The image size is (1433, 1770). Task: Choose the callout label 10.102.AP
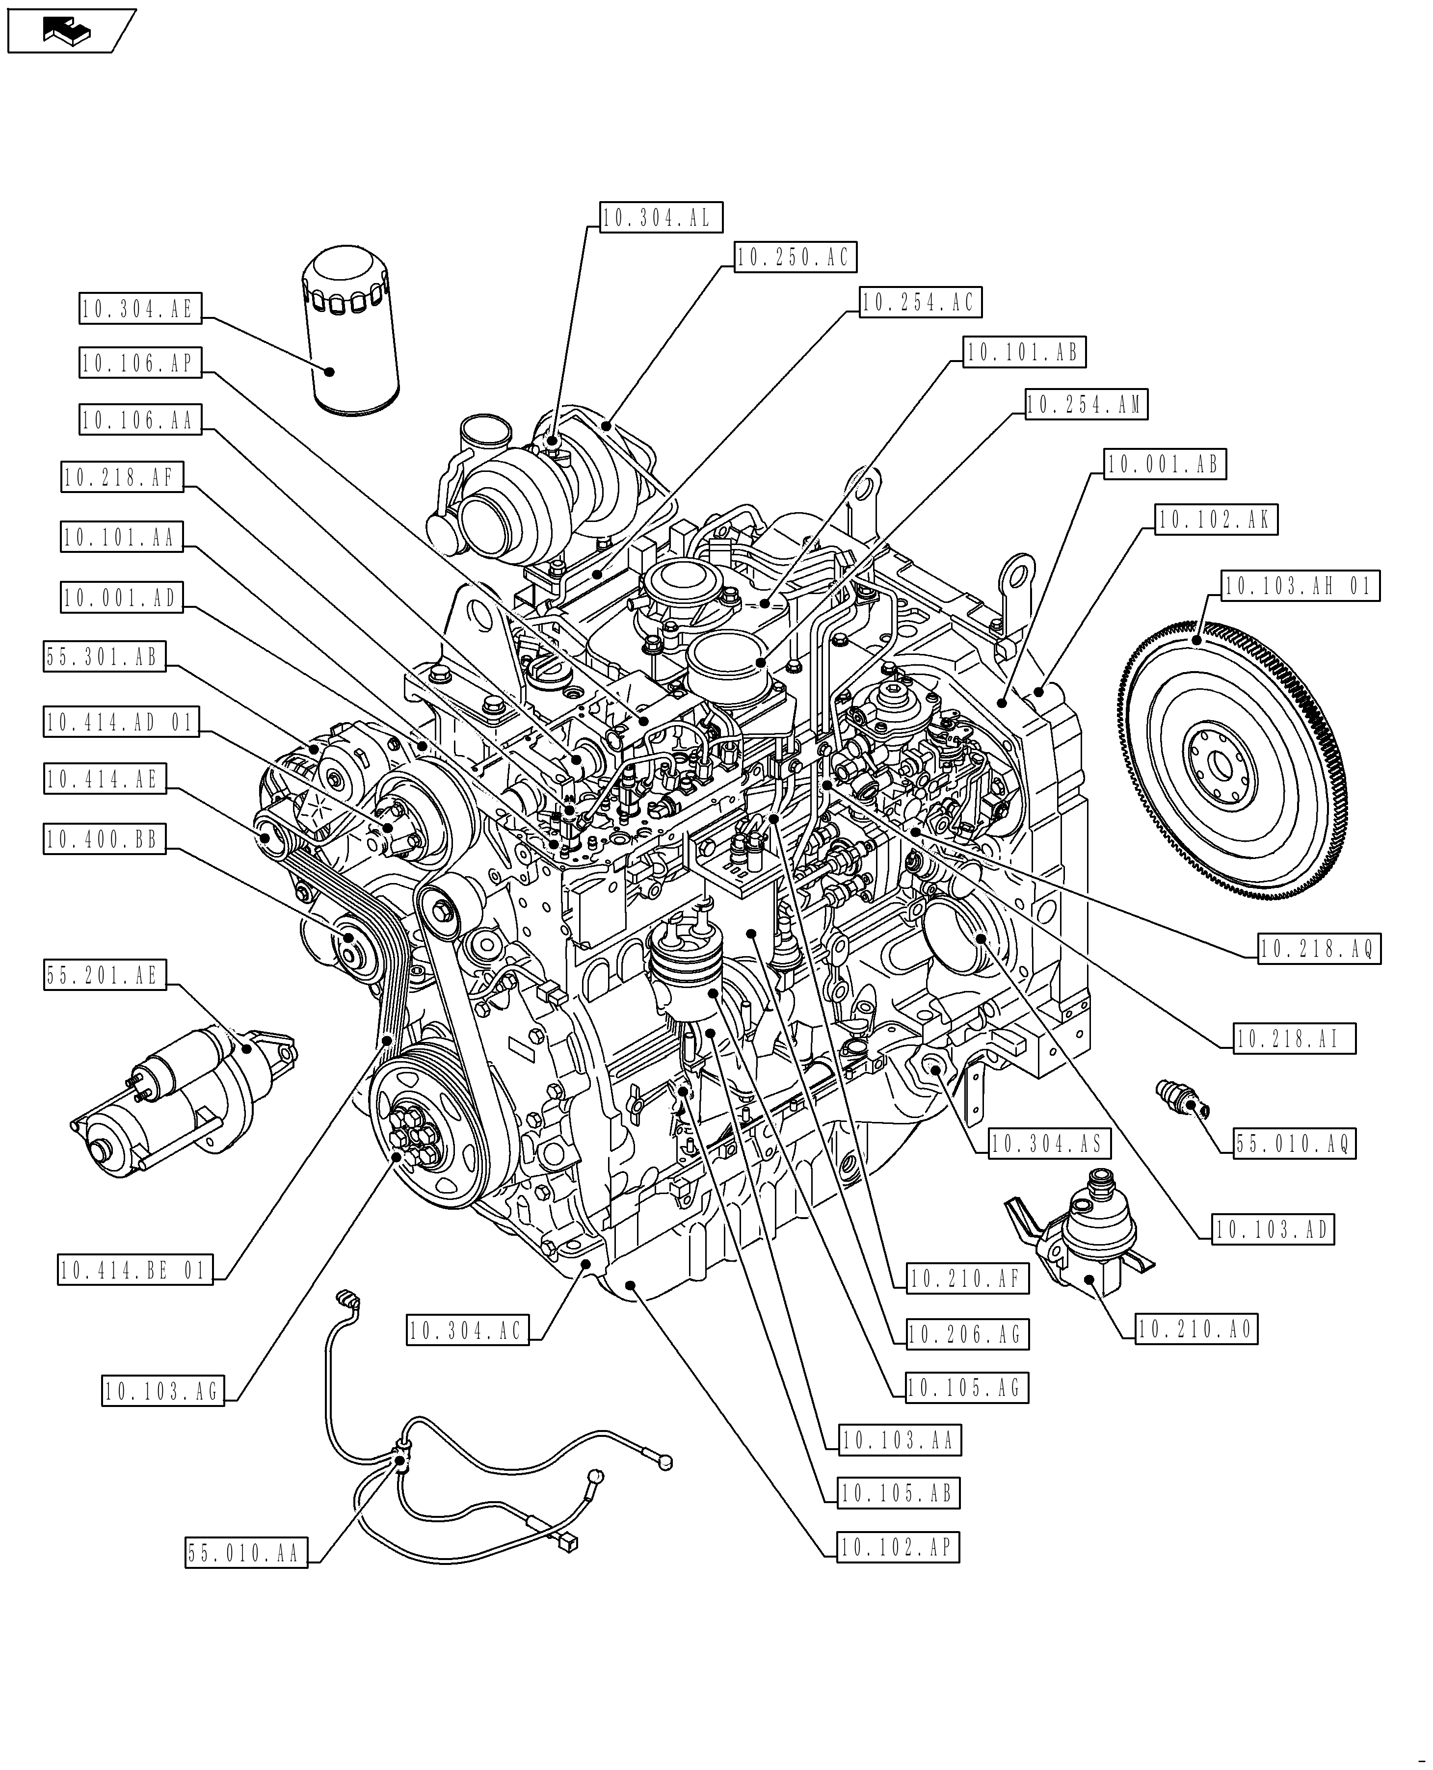point(898,1547)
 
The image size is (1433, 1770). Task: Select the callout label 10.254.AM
point(1086,404)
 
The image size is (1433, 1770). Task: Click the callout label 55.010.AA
point(245,1553)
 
